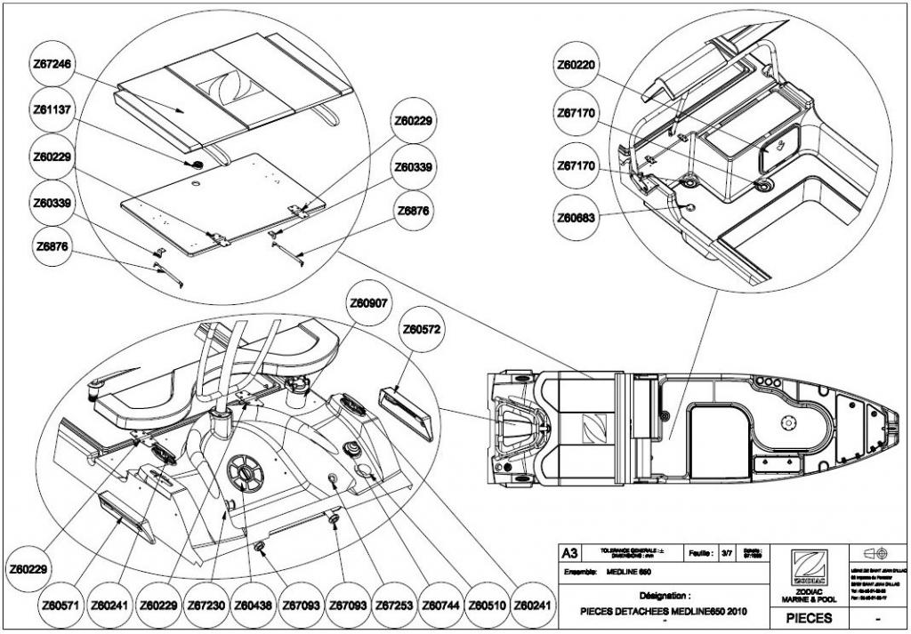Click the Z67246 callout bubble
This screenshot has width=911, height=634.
(55, 64)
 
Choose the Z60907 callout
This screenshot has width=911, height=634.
(369, 303)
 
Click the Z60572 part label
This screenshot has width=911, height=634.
(423, 330)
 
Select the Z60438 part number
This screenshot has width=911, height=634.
(254, 605)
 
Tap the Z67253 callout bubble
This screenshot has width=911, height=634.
(394, 605)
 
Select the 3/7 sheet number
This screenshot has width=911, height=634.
(727, 553)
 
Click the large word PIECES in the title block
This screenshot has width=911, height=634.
(810, 617)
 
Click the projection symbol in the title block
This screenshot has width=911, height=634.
(875, 553)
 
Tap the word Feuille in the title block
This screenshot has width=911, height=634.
(699, 553)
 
